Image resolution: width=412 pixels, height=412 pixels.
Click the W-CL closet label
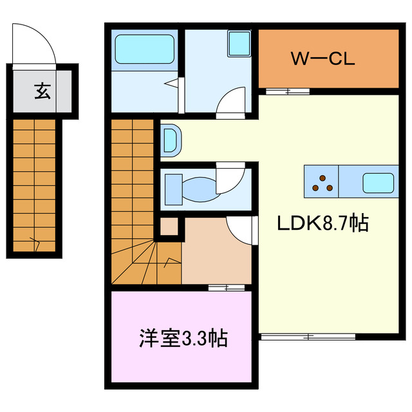tap(323, 59)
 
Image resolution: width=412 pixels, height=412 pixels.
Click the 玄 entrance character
tap(42, 91)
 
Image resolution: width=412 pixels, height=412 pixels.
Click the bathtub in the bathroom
tap(145, 48)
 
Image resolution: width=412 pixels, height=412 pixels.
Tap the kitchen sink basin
tap(379, 183)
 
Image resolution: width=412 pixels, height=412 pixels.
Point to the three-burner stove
tap(323, 182)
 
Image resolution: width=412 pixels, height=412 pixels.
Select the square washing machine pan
tap(239, 44)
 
